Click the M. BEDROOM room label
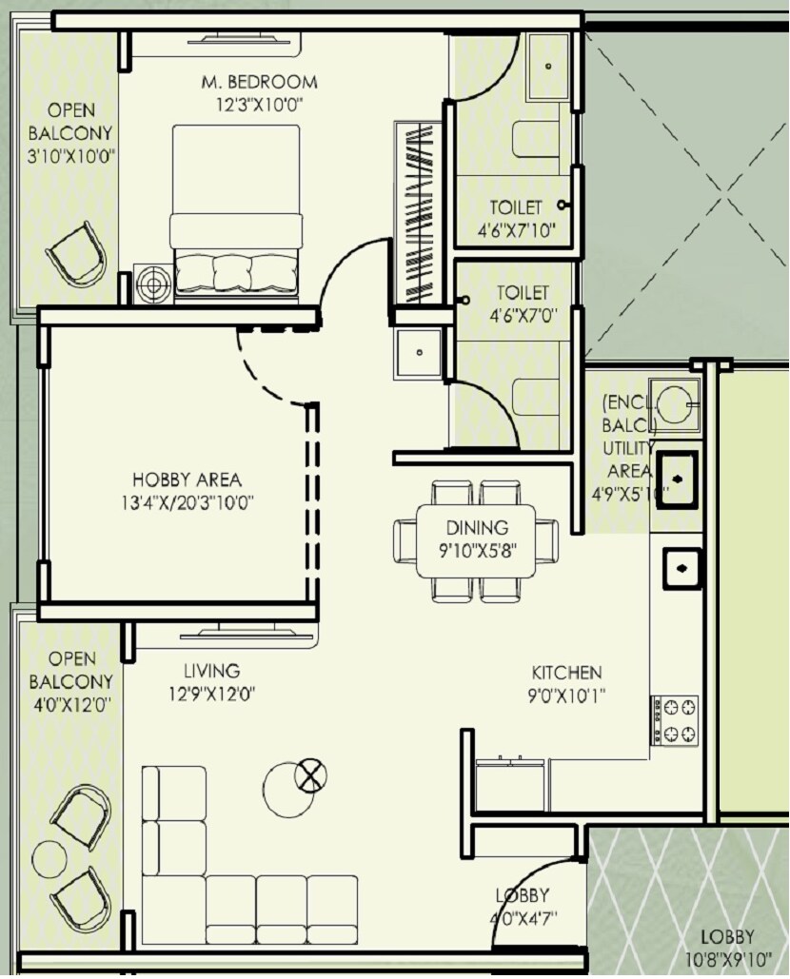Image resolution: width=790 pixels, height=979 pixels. [x=259, y=83]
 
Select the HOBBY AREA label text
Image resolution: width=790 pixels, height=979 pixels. [x=187, y=480]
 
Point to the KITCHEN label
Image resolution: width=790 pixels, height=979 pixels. [x=566, y=673]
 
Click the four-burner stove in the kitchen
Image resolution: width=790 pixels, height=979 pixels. [x=675, y=720]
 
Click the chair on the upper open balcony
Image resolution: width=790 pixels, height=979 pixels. [x=76, y=253]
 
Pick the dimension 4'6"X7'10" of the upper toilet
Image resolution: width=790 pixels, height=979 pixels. [x=516, y=229]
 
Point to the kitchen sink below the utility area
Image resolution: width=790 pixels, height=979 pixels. [x=681, y=568]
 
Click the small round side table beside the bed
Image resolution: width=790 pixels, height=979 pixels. [x=152, y=283]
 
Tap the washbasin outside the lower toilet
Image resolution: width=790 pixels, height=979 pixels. [x=419, y=354]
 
